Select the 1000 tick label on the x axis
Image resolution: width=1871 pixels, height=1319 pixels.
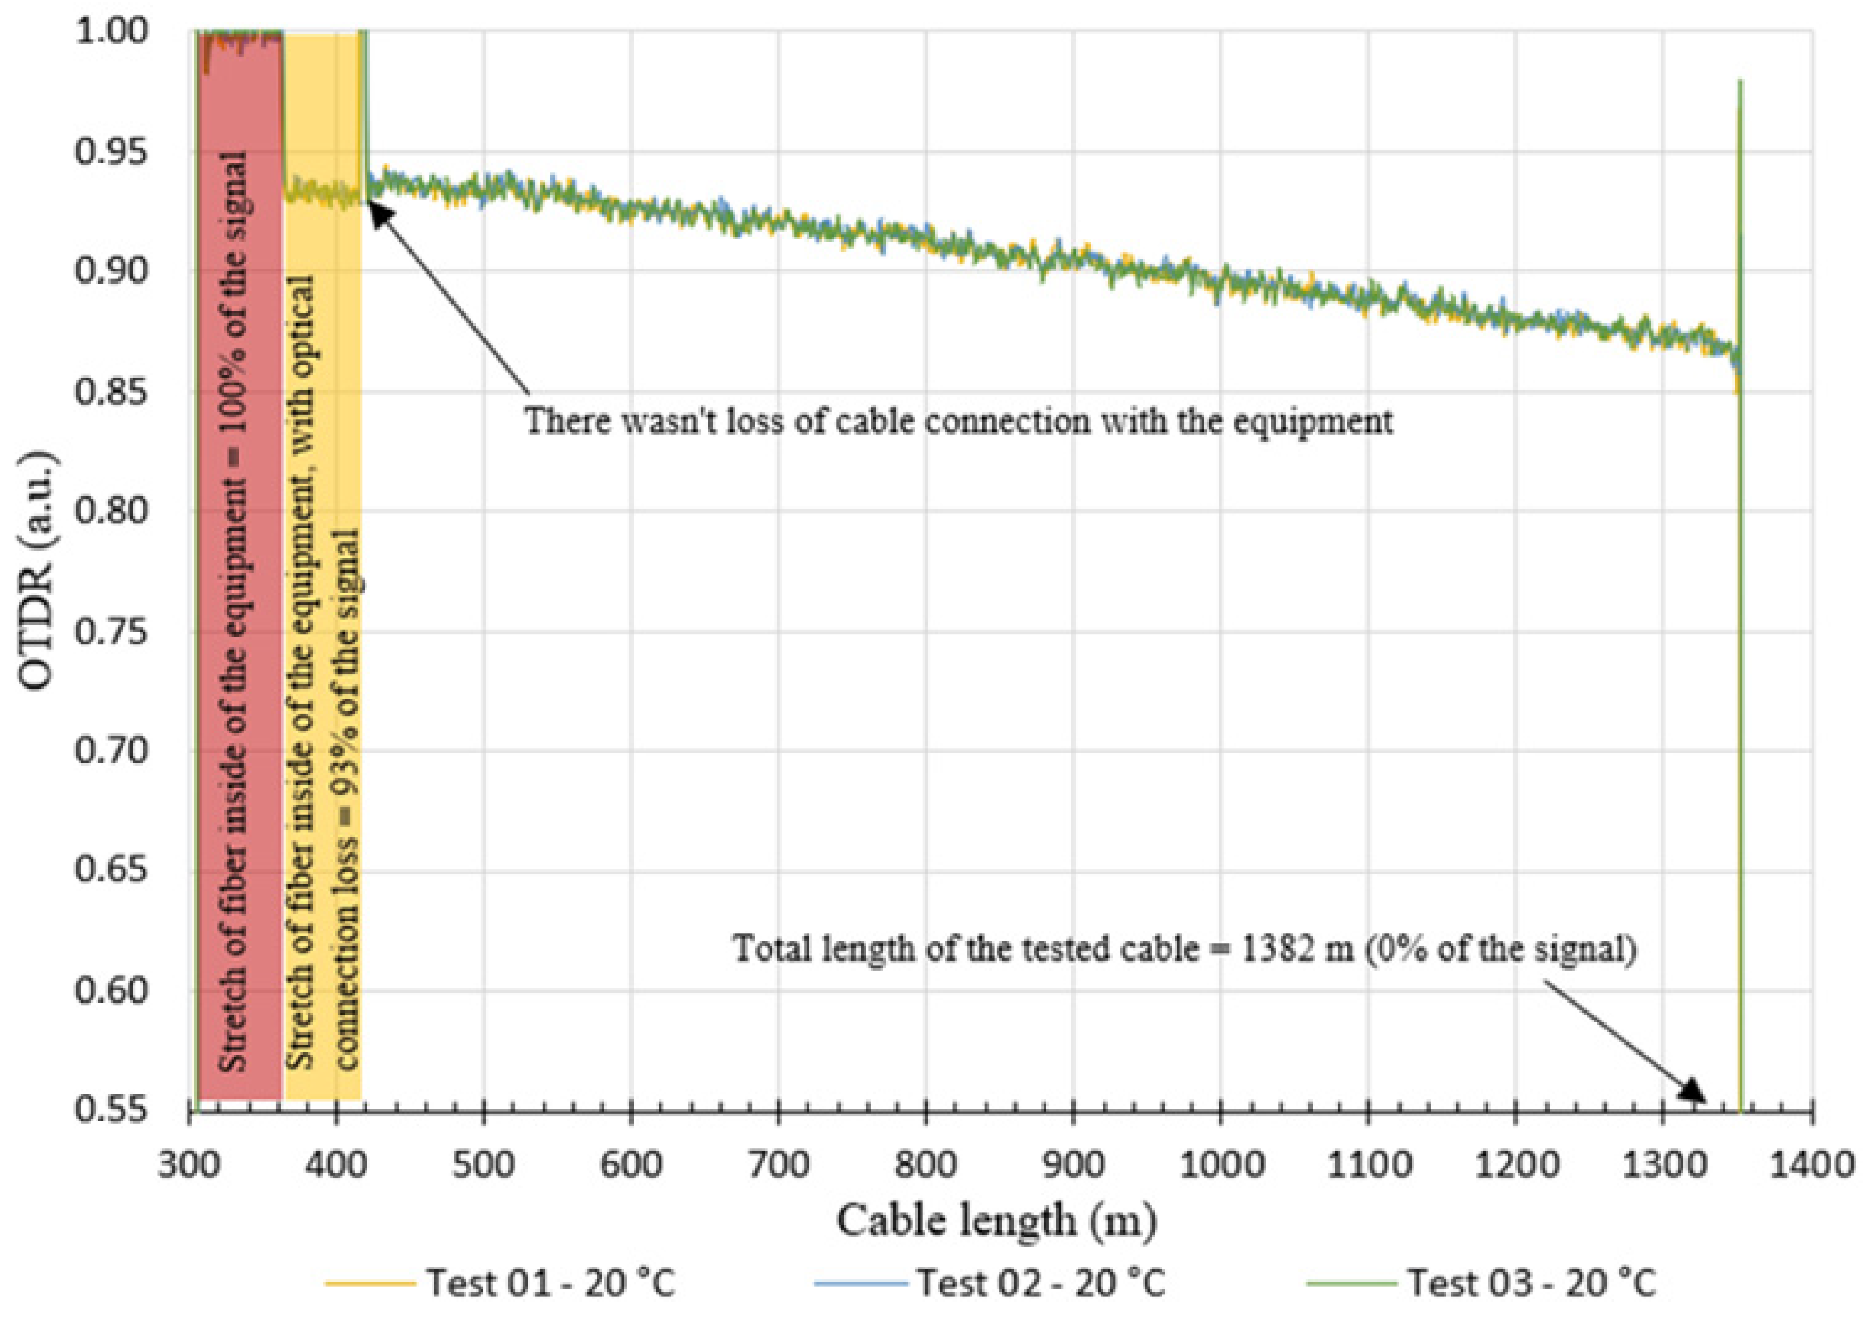click(1221, 1164)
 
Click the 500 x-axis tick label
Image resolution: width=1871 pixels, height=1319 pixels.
click(484, 1164)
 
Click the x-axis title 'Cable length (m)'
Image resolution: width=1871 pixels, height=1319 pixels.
click(996, 1221)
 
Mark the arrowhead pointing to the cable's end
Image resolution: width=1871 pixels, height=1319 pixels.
click(1696, 1092)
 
